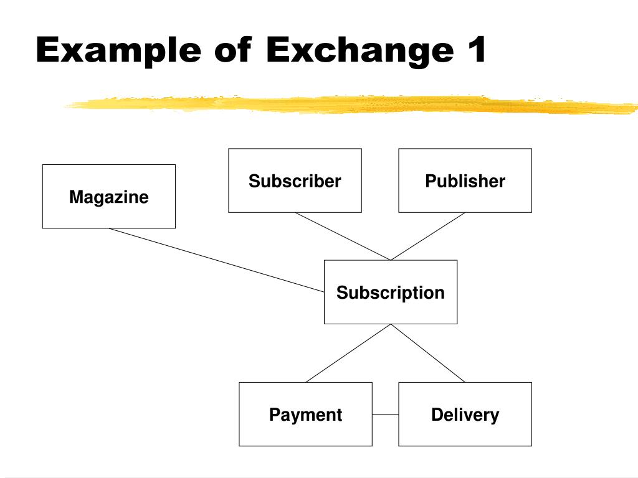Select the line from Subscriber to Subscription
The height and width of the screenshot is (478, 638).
point(343,237)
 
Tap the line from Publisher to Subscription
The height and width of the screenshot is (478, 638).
point(427,237)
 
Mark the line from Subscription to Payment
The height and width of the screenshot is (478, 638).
point(348,354)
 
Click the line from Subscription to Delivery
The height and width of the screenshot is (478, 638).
point(427,353)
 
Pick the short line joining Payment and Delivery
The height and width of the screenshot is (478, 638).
point(385,415)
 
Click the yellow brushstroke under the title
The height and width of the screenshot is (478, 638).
point(349,104)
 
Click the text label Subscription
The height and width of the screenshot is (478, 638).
point(390,293)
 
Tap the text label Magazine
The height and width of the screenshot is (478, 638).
point(108,197)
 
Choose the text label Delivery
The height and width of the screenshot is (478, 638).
point(465,415)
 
